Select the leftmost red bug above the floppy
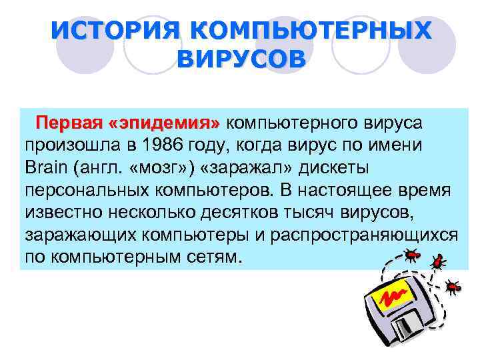(413, 254)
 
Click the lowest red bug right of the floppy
(453, 287)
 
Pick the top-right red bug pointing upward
(437, 261)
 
